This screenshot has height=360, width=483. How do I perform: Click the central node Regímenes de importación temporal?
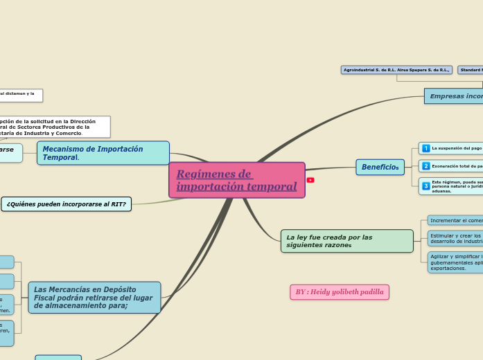(x=236, y=180)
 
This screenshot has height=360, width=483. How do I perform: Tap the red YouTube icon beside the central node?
(x=310, y=180)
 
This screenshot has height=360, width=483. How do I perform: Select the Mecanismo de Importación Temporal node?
(x=103, y=153)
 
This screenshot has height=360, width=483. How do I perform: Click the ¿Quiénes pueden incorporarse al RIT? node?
(x=67, y=204)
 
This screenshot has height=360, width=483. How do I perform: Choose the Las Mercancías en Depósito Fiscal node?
(x=94, y=297)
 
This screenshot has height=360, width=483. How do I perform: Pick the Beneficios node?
(x=380, y=167)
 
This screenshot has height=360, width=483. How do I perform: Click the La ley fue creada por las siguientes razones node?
(x=346, y=241)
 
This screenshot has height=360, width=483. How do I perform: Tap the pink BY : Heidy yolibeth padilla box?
(x=339, y=292)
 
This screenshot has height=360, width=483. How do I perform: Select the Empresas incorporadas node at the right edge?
(x=454, y=96)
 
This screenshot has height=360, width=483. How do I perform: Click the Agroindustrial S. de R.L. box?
(x=397, y=70)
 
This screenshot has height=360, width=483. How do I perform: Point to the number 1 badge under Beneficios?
(x=425, y=148)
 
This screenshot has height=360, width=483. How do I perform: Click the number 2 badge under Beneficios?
(x=425, y=166)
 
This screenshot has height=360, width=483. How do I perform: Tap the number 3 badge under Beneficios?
(x=425, y=186)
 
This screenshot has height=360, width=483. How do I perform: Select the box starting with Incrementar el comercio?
(x=455, y=220)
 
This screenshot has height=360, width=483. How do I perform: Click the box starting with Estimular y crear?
(x=455, y=238)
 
